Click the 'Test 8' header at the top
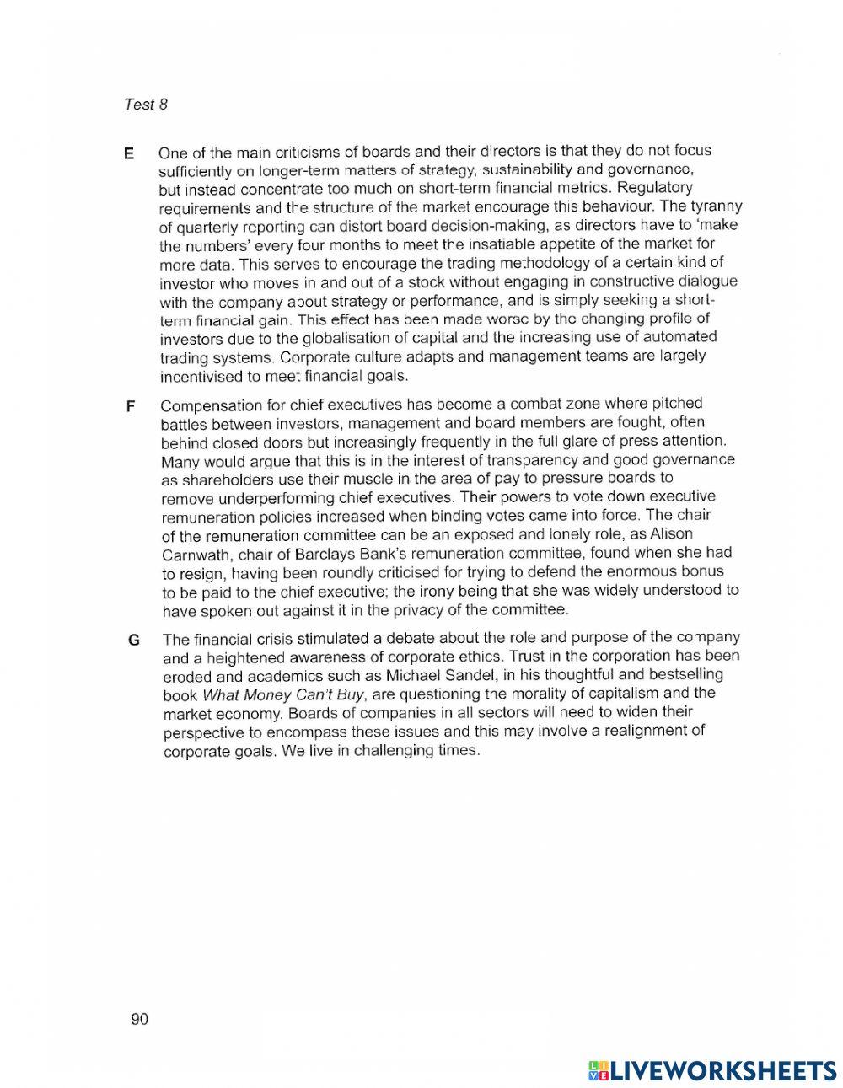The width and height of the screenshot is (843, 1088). click(146, 105)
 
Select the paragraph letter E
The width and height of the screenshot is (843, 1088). click(129, 153)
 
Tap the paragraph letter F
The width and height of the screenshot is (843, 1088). click(131, 406)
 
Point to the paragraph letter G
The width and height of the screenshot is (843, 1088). click(133, 640)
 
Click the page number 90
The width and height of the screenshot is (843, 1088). click(139, 1019)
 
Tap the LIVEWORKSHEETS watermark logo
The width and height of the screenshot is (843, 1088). click(712, 1069)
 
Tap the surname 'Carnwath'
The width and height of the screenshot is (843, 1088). click(195, 555)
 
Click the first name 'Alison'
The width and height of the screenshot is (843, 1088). click(669, 533)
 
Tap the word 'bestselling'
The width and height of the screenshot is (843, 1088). click(680, 673)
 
